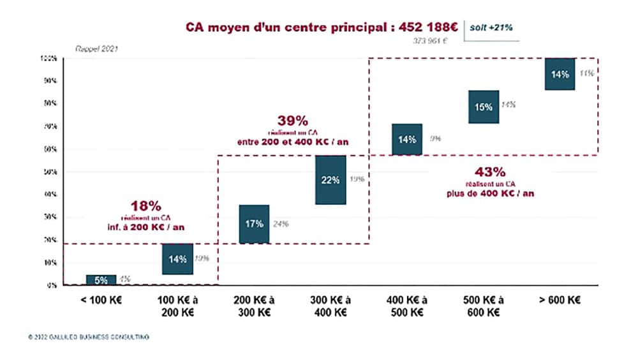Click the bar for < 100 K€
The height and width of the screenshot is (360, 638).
tap(101, 280)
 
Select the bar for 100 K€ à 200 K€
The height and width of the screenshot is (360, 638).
tap(177, 259)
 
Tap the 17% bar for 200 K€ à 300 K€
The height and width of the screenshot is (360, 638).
tap(254, 224)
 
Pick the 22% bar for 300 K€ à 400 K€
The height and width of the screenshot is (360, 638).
tap(330, 179)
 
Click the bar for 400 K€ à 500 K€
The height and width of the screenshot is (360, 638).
tap(407, 139)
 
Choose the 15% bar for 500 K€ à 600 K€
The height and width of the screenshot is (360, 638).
tap(484, 107)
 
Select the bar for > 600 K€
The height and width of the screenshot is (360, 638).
tap(560, 74)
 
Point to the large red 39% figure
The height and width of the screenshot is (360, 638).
tap(293, 121)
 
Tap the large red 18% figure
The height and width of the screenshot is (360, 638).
tap(146, 206)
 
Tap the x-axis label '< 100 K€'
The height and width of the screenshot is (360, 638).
tap(101, 301)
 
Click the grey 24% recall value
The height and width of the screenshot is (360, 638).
tap(281, 224)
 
